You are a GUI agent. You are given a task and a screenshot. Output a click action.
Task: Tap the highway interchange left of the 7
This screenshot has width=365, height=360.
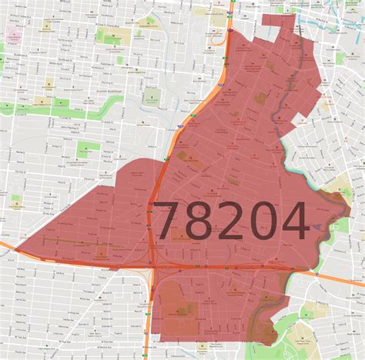click(x=154, y=265)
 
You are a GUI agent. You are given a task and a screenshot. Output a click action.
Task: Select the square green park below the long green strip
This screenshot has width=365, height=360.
click(x=88, y=149)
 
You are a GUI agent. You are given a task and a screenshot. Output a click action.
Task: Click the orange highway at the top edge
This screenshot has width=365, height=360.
click(x=230, y=12)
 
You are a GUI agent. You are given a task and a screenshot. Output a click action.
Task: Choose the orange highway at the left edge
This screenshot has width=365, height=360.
click(x=6, y=245)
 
